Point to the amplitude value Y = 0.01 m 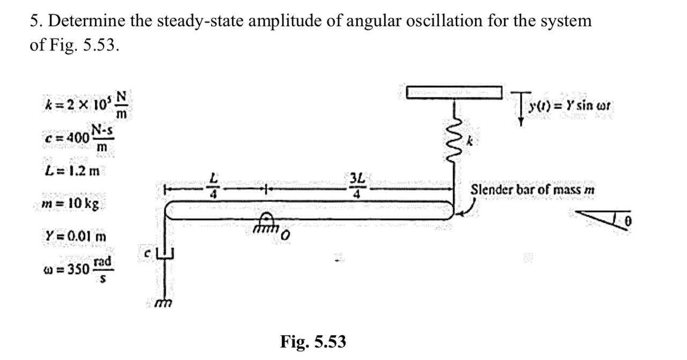[76, 236]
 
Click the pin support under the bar [265, 222]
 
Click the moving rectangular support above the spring [454, 92]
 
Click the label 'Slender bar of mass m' [532, 190]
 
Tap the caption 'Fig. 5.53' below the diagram [313, 341]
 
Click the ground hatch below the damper [161, 304]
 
